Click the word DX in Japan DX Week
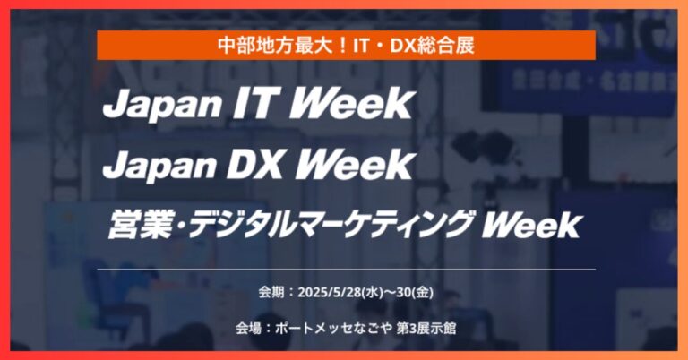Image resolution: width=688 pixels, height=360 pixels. click(257, 165)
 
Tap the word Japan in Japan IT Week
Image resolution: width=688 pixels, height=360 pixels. click(162, 107)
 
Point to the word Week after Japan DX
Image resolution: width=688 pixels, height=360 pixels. click(355, 165)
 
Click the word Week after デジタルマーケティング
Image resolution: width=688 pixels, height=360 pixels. click(531, 225)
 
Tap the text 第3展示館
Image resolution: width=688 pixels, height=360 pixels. click(426, 328)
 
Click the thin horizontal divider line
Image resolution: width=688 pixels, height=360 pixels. click(346, 270)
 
